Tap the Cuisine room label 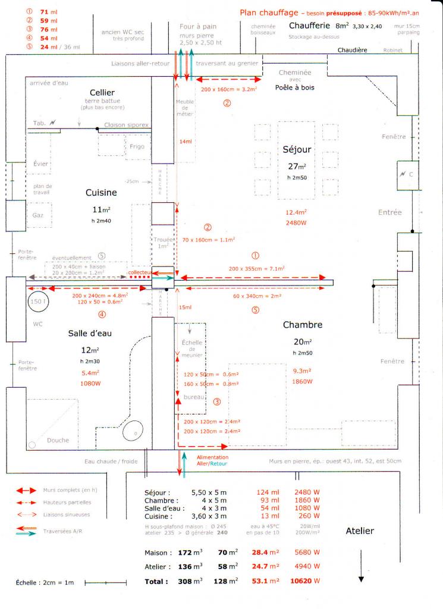101,193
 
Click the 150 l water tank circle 37,302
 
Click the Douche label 58,441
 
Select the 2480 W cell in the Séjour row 307,492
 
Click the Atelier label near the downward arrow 360,531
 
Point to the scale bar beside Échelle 105,583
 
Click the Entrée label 390,212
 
